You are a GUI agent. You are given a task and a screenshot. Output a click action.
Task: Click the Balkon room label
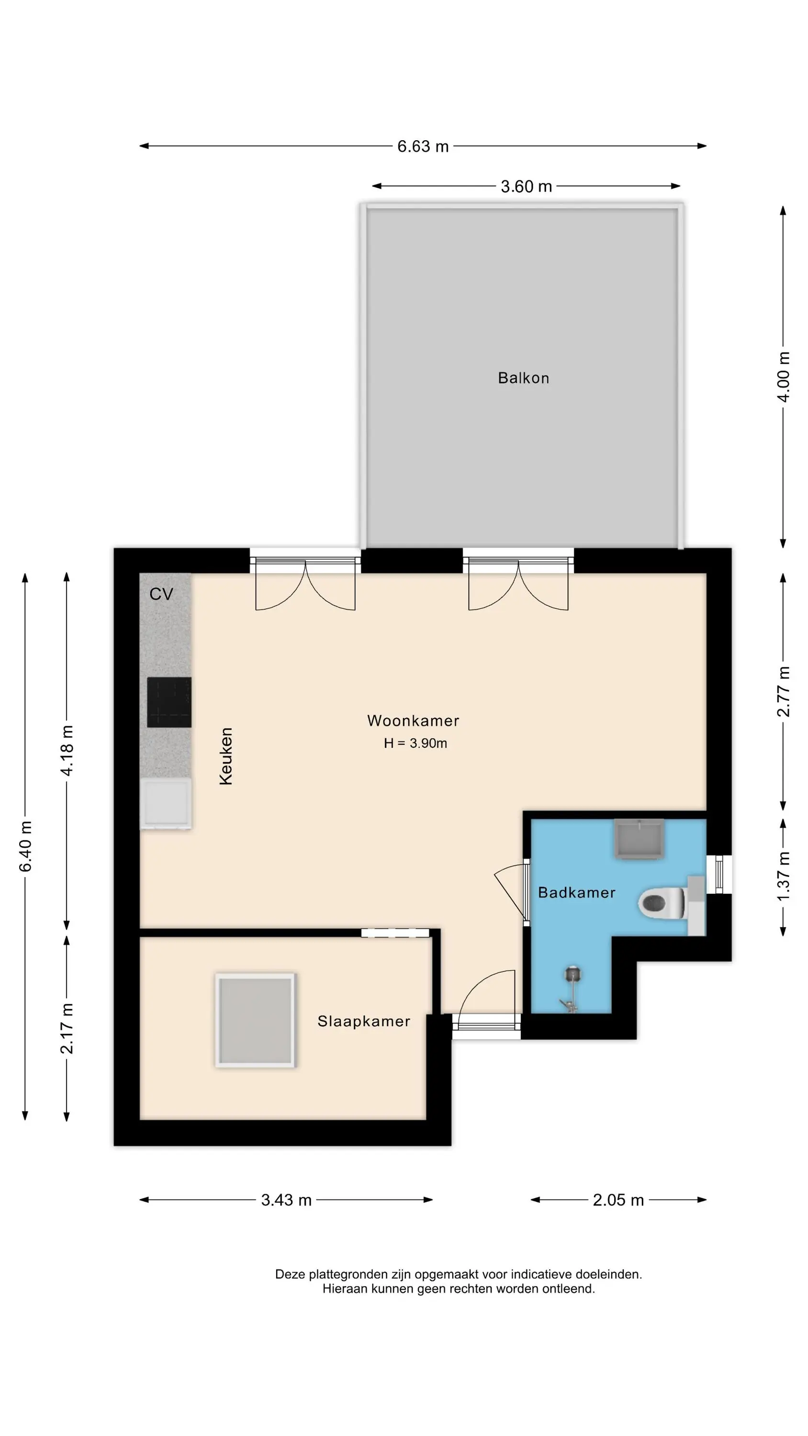point(523,378)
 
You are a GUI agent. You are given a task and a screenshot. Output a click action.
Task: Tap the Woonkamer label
point(413,721)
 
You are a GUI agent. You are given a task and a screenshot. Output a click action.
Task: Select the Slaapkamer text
point(364,1021)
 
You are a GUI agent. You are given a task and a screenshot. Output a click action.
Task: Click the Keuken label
point(226,756)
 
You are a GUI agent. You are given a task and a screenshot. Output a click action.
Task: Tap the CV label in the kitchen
point(161,594)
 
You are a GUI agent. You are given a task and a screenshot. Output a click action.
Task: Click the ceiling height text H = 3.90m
point(415,743)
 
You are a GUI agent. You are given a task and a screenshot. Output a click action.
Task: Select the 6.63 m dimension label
point(423,146)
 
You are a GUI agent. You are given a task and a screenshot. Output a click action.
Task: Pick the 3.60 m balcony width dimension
point(526,186)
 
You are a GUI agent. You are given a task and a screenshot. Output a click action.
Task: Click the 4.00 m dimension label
point(784,376)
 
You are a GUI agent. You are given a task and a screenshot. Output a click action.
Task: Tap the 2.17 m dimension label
point(67,1029)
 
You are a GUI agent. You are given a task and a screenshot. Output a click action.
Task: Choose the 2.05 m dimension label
point(618,1200)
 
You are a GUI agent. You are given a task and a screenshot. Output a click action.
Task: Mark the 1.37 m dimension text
point(784,876)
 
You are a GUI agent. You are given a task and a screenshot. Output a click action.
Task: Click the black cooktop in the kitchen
point(169,702)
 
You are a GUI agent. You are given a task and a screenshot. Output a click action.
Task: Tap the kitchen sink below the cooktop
point(166,803)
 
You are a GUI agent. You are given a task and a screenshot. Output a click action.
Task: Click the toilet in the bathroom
point(662,902)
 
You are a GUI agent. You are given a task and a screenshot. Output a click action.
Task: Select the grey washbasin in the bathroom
point(639,839)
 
